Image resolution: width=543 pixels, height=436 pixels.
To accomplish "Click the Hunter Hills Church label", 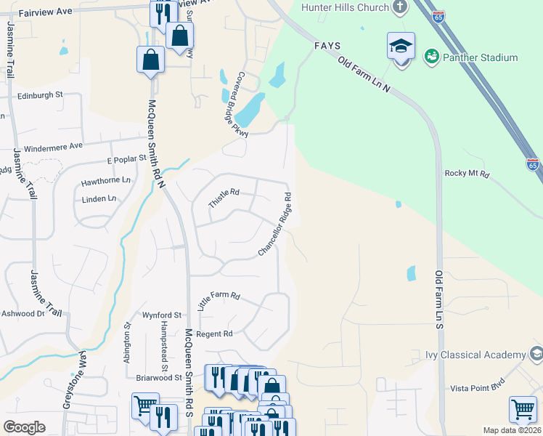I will [x=346, y=8].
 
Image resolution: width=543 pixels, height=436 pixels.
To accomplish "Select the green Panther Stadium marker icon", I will [x=430, y=56].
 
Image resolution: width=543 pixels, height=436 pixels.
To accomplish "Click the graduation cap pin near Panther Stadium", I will [x=401, y=47].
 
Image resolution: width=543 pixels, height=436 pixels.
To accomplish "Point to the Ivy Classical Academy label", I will [x=475, y=355].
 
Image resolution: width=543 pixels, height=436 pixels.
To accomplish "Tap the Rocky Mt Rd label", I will [x=468, y=174].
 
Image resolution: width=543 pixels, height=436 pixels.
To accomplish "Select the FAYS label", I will [x=327, y=45].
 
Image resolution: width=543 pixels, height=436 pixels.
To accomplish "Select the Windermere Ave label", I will [x=53, y=148].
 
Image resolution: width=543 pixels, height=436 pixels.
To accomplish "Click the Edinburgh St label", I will [x=41, y=95].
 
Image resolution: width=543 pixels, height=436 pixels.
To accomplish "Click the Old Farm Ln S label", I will [x=439, y=298].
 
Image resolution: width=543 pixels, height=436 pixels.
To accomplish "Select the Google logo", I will [x=24, y=427].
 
